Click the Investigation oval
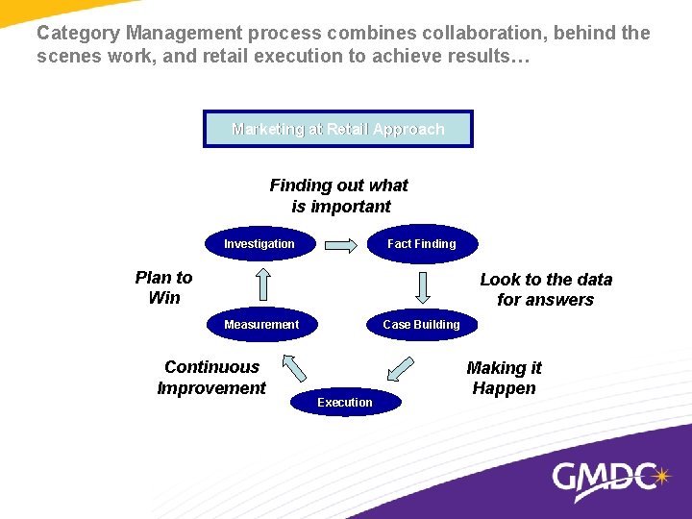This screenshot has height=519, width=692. click(259, 244)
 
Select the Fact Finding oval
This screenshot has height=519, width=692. click(421, 244)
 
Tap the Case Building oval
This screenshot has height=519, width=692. click(421, 325)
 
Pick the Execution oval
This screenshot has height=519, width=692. click(345, 402)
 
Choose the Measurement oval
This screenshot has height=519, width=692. click(261, 325)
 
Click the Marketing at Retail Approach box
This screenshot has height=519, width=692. click(338, 129)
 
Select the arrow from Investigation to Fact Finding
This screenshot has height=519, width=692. click(340, 245)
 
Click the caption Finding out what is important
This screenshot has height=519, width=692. click(339, 195)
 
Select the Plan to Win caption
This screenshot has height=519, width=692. click(164, 287)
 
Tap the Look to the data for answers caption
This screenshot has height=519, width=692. click(546, 289)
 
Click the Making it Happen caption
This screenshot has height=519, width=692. click(505, 378)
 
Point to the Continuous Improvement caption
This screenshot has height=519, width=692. click(211, 377)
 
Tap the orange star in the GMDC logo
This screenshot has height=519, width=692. click(660, 475)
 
